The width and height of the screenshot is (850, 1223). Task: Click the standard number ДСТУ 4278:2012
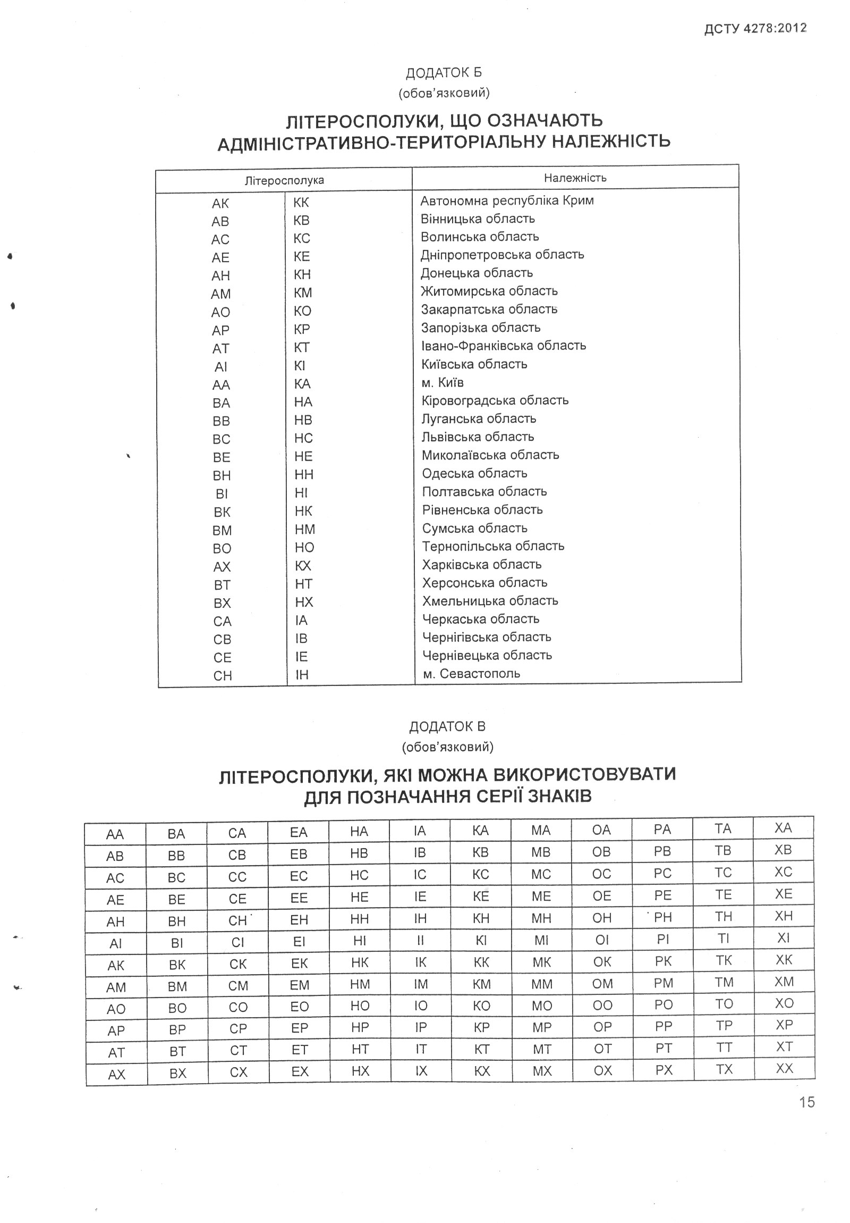click(755, 29)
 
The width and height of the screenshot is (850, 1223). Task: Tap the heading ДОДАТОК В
click(447, 726)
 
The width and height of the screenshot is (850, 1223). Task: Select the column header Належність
click(575, 178)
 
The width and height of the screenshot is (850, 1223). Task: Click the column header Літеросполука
click(284, 181)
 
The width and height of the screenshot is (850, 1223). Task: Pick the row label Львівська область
click(478, 437)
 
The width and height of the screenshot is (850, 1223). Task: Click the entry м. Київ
click(443, 382)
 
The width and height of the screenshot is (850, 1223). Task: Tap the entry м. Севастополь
click(471, 673)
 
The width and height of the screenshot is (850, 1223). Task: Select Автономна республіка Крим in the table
click(507, 201)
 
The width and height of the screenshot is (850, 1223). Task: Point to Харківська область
click(482, 565)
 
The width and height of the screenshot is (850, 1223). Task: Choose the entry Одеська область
click(474, 474)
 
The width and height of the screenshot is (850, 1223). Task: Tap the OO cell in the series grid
click(602, 1006)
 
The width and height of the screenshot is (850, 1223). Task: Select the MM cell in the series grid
click(541, 984)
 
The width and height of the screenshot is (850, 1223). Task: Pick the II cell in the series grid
click(420, 941)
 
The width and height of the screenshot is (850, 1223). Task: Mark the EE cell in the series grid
click(299, 898)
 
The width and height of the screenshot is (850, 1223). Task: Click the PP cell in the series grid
click(663, 1026)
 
